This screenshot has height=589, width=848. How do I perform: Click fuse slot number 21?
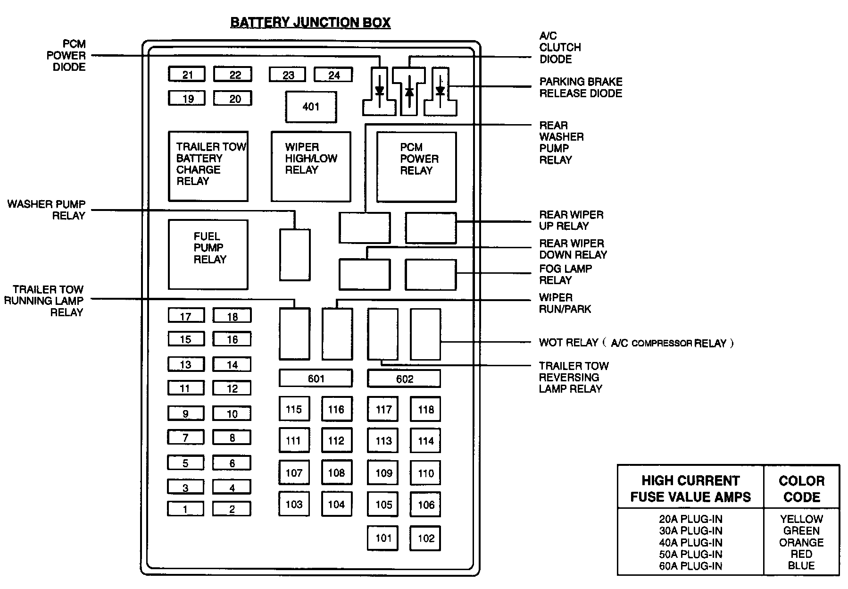[187, 75]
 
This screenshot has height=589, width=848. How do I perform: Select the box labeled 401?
[311, 107]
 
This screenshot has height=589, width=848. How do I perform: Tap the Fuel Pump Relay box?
[208, 254]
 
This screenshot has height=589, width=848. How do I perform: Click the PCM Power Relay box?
[416, 167]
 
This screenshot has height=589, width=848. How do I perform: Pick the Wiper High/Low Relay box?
[311, 167]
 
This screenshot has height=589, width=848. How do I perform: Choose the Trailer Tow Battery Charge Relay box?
[208, 166]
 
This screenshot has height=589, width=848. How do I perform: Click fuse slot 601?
[316, 379]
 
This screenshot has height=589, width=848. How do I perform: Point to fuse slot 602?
[404, 379]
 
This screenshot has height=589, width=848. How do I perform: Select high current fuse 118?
[425, 409]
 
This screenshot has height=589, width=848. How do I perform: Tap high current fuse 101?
[383, 538]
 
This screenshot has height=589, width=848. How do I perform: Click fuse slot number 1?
[185, 509]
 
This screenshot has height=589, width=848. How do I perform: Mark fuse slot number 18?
[232, 316]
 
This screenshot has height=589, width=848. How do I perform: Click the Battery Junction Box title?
[310, 23]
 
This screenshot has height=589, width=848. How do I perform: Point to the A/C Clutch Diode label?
[560, 47]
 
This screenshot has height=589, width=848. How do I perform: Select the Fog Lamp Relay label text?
[565, 274]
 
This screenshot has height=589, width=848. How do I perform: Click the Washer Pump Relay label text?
[46, 210]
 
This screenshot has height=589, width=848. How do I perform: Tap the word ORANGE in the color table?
[801, 542]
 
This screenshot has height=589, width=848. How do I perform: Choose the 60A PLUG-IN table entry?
[690, 566]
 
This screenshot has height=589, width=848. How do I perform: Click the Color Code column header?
[801, 488]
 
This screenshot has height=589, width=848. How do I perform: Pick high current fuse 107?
[294, 473]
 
